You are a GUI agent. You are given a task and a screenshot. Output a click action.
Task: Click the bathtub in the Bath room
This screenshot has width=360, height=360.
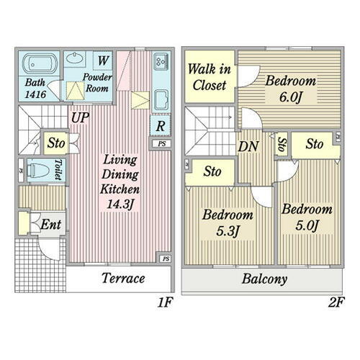pos(40,63)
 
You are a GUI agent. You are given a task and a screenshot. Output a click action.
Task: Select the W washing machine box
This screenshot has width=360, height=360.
pos(102,60)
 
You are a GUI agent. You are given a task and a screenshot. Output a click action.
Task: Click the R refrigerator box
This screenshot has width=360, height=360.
pos(161,125)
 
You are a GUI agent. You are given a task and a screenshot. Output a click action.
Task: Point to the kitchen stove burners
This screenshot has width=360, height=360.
pos(161,61)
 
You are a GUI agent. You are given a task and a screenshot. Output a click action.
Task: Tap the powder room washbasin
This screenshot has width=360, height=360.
pos(75,59)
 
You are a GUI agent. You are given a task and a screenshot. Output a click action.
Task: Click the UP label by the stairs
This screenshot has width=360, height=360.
pos(80,117)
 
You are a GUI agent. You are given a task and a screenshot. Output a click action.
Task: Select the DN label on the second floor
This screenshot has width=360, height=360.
pos(248,146)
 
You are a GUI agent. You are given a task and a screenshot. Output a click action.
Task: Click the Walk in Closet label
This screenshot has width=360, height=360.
pos(209,77)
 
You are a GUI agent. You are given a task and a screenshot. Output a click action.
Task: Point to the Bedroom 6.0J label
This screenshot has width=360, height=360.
pos(290,89)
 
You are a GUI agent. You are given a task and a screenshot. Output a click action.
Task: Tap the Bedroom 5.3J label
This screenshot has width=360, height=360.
pos(228,222)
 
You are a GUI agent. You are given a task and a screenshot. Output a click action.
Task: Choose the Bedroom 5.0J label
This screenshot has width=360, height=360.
pos(307,217)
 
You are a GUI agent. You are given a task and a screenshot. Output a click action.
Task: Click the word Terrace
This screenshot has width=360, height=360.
pos(123,279)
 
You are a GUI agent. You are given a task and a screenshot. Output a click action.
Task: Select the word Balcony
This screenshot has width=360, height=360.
pos(264,279)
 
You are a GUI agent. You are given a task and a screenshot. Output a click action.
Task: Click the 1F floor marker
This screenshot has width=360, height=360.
pos(165,302)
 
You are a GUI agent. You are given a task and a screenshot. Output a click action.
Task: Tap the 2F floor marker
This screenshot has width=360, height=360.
pos(336,302)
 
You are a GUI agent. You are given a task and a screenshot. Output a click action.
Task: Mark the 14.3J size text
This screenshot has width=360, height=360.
pos(120,204)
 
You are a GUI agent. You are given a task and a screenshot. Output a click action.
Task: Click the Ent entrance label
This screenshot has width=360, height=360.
pos(50,225)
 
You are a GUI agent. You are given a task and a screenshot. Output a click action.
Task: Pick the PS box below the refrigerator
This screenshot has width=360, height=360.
pos(162,144)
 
